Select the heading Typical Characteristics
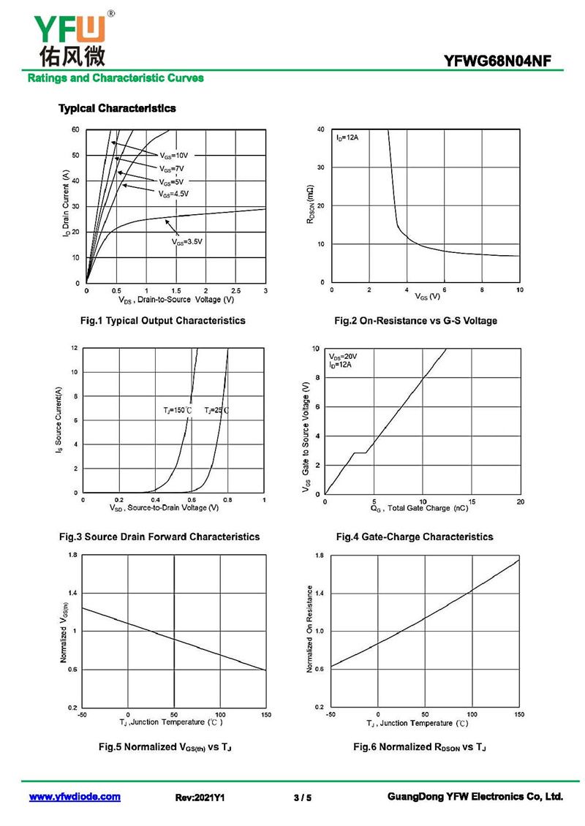pyautogui.click(x=117, y=108)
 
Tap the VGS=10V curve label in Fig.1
pyautogui.click(x=174, y=155)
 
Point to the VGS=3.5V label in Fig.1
pyautogui.click(x=186, y=241)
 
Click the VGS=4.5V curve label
pyautogui.click(x=173, y=194)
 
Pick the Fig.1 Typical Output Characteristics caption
pyautogui.click(x=162, y=320)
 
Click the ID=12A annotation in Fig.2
pyautogui.click(x=347, y=137)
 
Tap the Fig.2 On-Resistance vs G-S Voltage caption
pyautogui.click(x=415, y=321)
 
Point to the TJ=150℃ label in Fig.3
pyautogui.click(x=177, y=411)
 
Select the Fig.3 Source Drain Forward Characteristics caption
pyautogui.click(x=159, y=537)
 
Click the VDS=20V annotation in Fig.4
pyautogui.click(x=343, y=356)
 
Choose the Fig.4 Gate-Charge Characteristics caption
pyautogui.click(x=415, y=537)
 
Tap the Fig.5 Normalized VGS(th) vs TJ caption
pyautogui.click(x=165, y=747)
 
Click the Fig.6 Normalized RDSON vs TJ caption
pyautogui.click(x=420, y=747)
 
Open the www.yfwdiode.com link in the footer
pyautogui.click(x=75, y=797)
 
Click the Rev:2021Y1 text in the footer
pyautogui.click(x=200, y=797)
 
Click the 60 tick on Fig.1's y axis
pyautogui.click(x=75, y=129)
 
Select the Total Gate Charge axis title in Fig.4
pyautogui.click(x=419, y=507)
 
